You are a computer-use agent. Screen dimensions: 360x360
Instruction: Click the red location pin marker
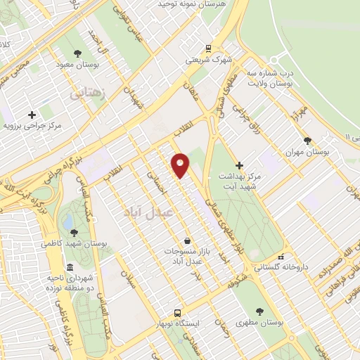[x=181, y=165]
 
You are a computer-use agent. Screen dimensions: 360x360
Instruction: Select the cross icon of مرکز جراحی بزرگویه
[x=32, y=115]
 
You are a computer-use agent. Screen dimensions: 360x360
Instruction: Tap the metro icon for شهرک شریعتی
[x=207, y=48]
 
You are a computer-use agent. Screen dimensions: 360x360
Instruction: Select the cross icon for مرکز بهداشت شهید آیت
[x=240, y=165]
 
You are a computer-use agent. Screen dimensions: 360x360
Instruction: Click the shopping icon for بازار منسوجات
[x=186, y=240]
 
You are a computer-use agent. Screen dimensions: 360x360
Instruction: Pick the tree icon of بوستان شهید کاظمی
[x=74, y=233]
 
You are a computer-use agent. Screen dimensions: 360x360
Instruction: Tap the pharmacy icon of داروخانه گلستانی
[x=281, y=257]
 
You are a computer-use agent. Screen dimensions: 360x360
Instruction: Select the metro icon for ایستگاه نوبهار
[x=178, y=313]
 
